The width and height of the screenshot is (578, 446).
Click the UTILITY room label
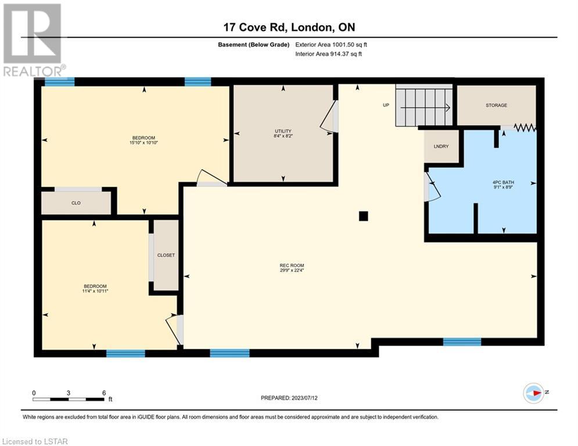pos(283,131)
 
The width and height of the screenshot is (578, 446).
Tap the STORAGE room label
pos(496,105)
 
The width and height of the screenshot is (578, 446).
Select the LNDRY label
pos(441,146)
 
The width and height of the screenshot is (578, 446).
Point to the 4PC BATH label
pos(503,182)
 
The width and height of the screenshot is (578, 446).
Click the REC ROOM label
pos(292,265)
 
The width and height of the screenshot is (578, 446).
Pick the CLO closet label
pos(76,203)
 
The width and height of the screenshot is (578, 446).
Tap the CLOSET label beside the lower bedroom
pos(166,255)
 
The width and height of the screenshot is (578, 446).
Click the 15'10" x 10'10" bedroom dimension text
pos(143,143)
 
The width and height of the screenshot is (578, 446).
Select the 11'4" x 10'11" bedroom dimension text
pos(95,291)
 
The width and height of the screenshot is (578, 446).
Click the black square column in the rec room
pos(364,216)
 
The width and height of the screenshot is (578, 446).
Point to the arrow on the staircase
pos(425,107)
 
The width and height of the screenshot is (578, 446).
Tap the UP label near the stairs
pos(386,105)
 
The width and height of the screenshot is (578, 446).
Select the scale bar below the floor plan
pos(69,399)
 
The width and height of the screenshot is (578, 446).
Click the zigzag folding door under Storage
pos(525,128)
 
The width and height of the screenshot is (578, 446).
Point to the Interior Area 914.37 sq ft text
pos(328,54)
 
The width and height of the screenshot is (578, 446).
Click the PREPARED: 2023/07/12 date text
pos(289,398)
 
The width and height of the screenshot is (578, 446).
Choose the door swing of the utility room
pos(328,116)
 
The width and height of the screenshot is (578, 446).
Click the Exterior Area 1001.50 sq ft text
pos(331,45)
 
